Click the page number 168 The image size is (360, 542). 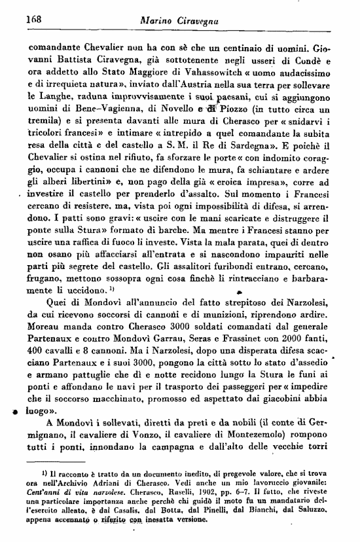pyautogui.click(x=33, y=20)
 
